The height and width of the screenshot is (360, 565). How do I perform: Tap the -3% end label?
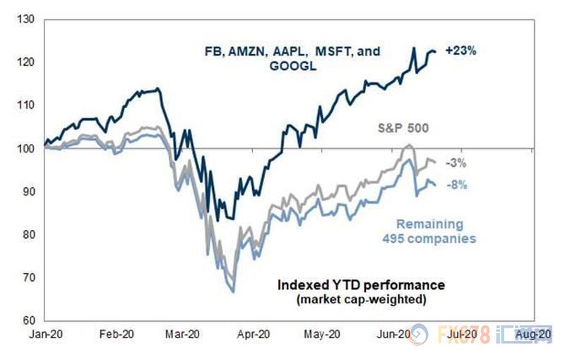click(x=455, y=163)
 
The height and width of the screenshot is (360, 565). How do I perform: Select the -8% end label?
click(x=455, y=185)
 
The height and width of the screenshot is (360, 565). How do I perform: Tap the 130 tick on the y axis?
click(x=26, y=19)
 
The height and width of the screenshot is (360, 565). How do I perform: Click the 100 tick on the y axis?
click(x=26, y=148)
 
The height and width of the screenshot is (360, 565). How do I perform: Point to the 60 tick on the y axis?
click(x=28, y=320)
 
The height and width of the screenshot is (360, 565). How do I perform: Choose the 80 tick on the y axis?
click(x=28, y=234)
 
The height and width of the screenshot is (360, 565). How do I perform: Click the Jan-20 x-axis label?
click(x=44, y=333)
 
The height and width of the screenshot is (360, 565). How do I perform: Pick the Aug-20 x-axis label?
click(x=536, y=333)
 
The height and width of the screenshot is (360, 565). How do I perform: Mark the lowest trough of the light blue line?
click(x=232, y=292)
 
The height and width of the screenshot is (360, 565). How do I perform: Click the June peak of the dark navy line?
click(x=413, y=48)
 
